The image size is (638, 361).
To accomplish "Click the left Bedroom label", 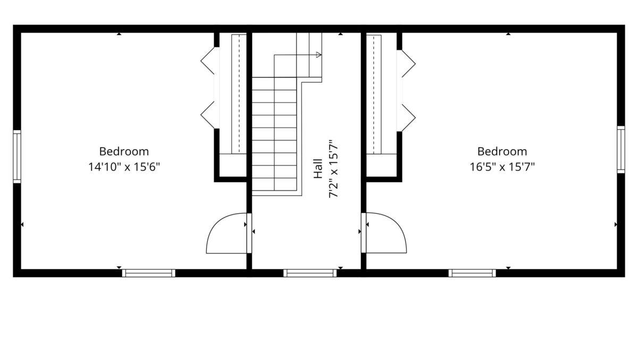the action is [x=124, y=151].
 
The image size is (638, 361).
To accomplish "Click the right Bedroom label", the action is [x=502, y=151].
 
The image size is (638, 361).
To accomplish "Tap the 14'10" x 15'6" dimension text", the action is [x=124, y=167].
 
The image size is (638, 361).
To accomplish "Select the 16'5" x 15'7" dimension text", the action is [x=502, y=167].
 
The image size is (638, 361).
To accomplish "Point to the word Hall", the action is [x=318, y=169].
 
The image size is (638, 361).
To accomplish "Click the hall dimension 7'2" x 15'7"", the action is [x=333, y=169].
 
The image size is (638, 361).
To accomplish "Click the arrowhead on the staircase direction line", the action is [x=318, y=55].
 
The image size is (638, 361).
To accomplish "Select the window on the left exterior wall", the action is [x=17, y=157].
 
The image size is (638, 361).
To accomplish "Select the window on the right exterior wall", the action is [x=621, y=149].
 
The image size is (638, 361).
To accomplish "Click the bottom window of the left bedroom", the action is [x=149, y=273].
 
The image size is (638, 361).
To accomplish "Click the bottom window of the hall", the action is [x=310, y=273].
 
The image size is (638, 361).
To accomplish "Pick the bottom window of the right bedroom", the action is [x=472, y=273].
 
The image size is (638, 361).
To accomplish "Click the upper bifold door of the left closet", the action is [x=207, y=61].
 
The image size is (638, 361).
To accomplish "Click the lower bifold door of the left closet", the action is [x=207, y=115].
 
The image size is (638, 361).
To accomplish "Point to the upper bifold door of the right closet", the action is [x=408, y=64].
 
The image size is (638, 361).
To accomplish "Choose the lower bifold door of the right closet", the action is [x=408, y=118].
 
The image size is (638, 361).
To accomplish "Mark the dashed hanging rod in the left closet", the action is [x=239, y=94].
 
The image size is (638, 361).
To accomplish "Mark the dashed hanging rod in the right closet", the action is [x=374, y=94].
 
